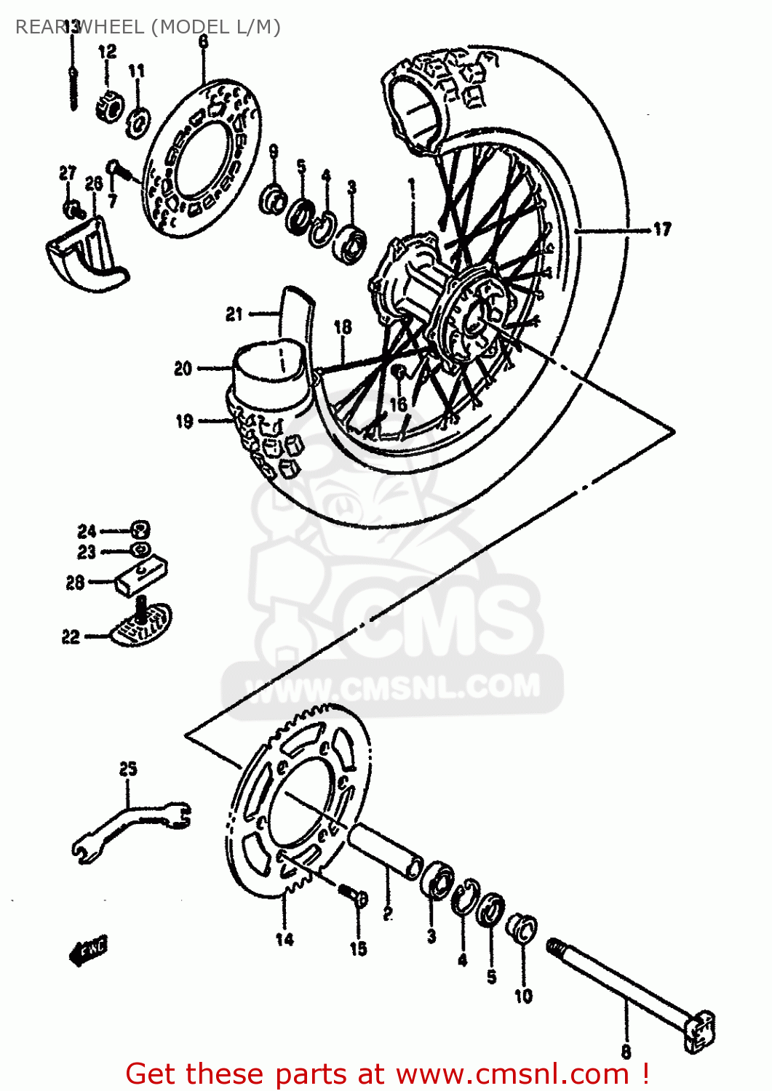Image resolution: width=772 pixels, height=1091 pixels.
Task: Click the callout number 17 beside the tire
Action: pos(661,230)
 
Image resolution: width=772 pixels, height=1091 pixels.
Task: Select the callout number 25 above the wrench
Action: pos(128,769)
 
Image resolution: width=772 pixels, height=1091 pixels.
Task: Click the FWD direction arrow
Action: pos(88,951)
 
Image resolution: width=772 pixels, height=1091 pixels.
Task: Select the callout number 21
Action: pos(234,314)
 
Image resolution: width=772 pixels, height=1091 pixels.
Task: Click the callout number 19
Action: pos(184,421)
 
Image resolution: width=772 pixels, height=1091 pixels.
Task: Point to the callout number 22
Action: pos(70,637)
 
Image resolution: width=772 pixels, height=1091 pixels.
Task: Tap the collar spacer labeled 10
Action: pos(522,929)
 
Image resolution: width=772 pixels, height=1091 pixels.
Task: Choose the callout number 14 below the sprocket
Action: pos(284,939)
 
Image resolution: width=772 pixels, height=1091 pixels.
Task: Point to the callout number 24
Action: pos(87,531)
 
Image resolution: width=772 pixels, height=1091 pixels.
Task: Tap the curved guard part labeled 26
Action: pos(84,251)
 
